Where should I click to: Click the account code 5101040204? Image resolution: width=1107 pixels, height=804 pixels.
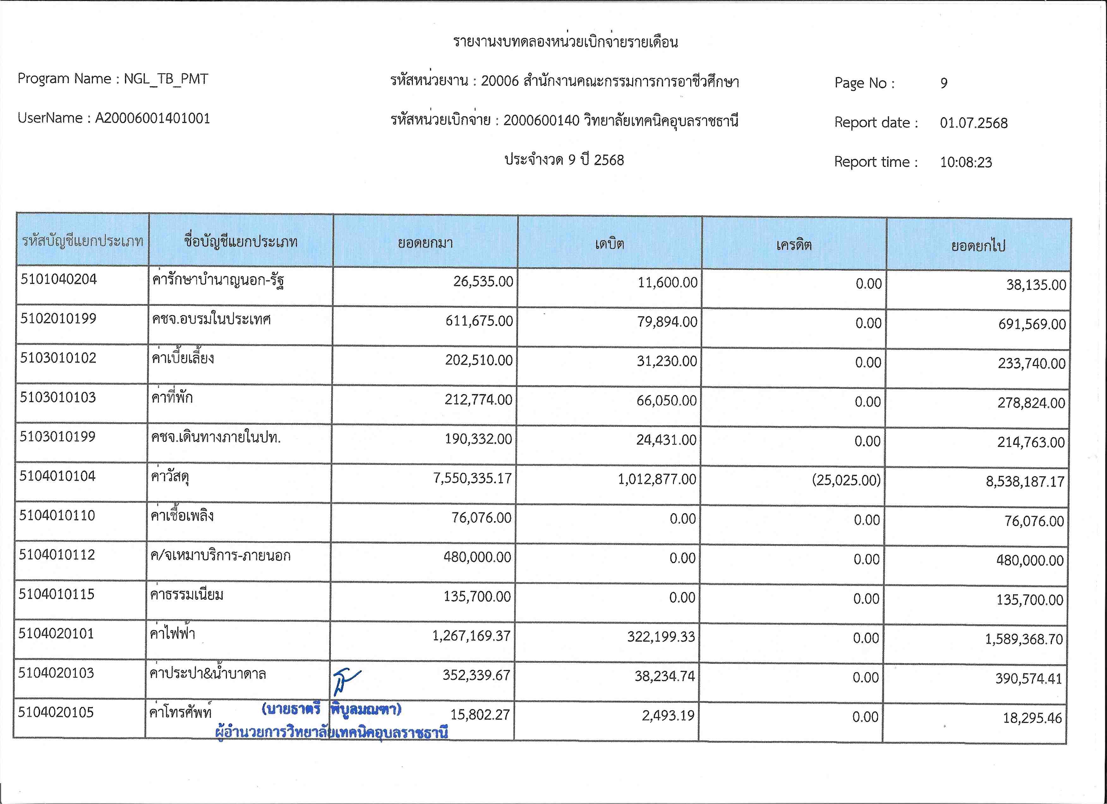click(58, 279)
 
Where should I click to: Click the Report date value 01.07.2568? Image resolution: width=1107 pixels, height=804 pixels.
click(973, 123)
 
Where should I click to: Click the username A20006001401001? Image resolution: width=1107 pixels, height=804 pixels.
click(152, 118)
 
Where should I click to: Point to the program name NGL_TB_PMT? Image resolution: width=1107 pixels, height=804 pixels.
click(166, 79)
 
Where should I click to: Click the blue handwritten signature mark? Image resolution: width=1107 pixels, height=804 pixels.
click(346, 681)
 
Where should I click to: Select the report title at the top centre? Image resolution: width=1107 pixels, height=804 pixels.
click(565, 42)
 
